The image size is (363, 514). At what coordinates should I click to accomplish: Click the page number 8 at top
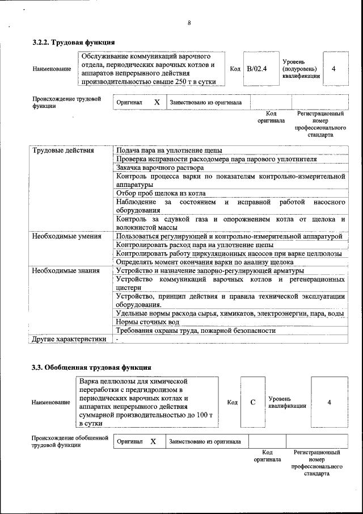click(x=189, y=23)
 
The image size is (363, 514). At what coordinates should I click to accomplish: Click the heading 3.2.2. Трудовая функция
click(x=74, y=42)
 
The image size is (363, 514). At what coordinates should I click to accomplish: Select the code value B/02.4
click(x=257, y=69)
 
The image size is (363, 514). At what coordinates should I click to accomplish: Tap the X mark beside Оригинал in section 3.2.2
click(x=157, y=102)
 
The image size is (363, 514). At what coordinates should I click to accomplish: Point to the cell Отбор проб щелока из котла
click(x=161, y=193)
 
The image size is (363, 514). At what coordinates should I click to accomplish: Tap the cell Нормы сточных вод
click(x=147, y=322)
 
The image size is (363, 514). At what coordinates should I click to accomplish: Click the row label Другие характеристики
click(x=69, y=339)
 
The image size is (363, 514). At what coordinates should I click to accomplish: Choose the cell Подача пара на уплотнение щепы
click(x=168, y=151)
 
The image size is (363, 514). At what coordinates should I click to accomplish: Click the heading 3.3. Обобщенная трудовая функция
click(x=91, y=367)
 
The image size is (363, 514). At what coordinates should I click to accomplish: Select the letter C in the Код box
click(x=254, y=402)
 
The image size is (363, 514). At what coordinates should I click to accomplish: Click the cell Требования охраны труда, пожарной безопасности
click(x=196, y=331)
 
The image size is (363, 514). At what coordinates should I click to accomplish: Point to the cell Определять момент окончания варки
click(x=204, y=262)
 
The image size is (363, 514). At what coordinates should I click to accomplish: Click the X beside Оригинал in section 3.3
click(x=153, y=441)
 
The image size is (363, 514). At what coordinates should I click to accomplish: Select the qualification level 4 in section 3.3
click(x=330, y=402)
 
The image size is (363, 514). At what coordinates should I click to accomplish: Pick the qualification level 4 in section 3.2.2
click(x=334, y=69)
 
